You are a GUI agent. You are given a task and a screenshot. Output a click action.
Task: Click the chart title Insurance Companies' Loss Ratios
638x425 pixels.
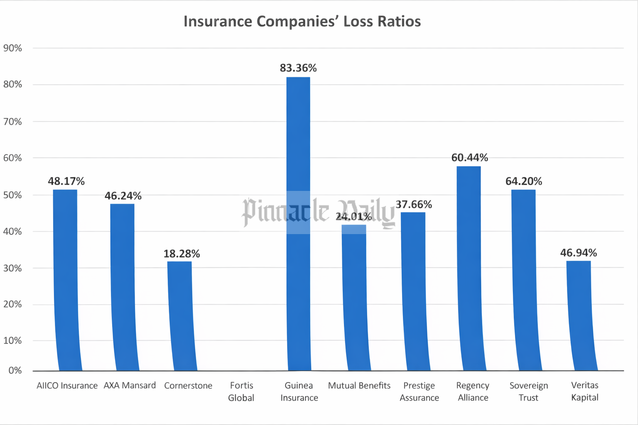tap(302, 21)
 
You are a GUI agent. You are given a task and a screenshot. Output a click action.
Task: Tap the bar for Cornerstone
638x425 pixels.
tap(181, 315)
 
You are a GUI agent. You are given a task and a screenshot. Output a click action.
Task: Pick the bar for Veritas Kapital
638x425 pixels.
tap(580, 315)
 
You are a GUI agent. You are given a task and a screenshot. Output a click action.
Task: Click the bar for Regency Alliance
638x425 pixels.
tap(470, 270)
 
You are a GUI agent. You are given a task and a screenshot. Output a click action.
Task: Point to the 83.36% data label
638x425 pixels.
tap(298, 68)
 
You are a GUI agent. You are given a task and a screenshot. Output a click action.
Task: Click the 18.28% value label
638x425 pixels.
tap(182, 254)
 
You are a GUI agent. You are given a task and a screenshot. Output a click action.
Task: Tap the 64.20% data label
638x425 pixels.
tap(523, 181)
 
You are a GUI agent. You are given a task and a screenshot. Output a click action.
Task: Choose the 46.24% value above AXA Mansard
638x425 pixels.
tap(123, 196)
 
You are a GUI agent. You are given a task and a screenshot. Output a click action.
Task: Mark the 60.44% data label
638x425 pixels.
tap(469, 158)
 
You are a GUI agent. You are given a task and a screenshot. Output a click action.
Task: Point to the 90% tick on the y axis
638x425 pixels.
tap(12, 48)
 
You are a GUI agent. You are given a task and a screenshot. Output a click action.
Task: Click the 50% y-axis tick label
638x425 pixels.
tap(12, 195)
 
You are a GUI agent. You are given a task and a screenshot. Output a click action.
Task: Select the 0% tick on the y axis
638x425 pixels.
tap(15, 370)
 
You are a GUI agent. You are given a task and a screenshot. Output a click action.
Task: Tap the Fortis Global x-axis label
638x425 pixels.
tap(241, 391)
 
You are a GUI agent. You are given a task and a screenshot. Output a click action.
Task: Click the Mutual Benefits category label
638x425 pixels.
tap(359, 386)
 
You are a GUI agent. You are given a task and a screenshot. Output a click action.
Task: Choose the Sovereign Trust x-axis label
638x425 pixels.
tap(528, 391)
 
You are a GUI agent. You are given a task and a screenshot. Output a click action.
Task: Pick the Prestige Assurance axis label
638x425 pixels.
tap(419, 391)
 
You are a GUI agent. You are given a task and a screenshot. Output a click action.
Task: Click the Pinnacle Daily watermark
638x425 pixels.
tap(318, 212)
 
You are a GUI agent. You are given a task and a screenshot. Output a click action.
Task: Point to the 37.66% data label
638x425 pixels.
tap(414, 205)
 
